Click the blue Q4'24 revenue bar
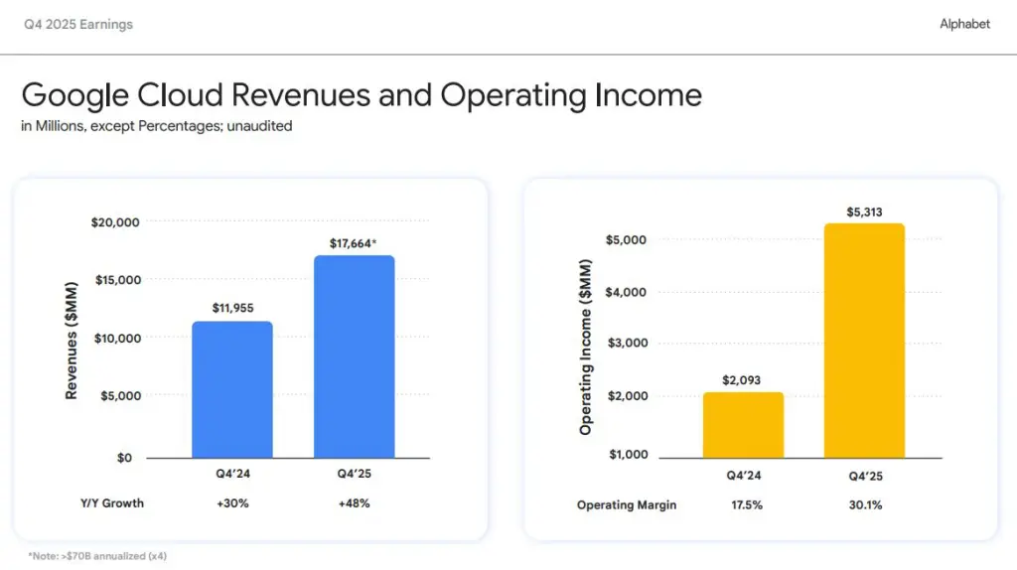pyautogui.click(x=231, y=389)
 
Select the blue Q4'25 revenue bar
pyautogui.click(x=354, y=356)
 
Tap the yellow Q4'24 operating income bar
pyautogui.click(x=743, y=425)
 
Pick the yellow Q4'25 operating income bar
pyautogui.click(x=864, y=341)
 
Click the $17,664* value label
pyautogui.click(x=354, y=243)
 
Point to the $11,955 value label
pyautogui.click(x=232, y=309)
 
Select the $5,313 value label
pyautogui.click(x=864, y=212)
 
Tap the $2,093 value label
pyautogui.click(x=743, y=380)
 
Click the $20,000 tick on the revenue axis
pyautogui.click(x=115, y=221)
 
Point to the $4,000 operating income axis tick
pyautogui.click(x=626, y=292)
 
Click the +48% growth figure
pyautogui.click(x=354, y=503)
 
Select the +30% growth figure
pyautogui.click(x=232, y=503)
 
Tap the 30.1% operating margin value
pyautogui.click(x=864, y=505)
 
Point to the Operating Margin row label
pyautogui.click(x=627, y=505)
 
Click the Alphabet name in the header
pyautogui.click(x=964, y=24)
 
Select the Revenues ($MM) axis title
pyautogui.click(x=72, y=338)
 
